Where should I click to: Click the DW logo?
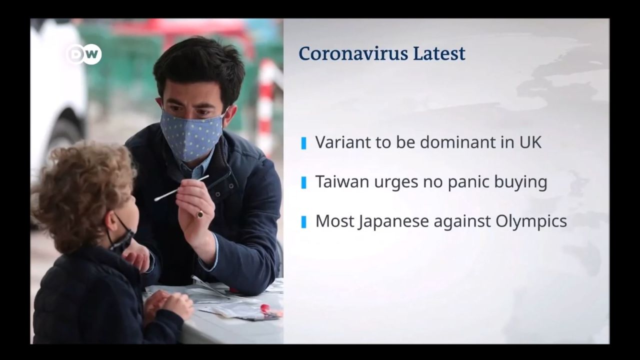tap(84, 54)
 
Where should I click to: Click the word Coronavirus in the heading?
tap(353, 53)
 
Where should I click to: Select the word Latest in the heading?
tap(439, 53)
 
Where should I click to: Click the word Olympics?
tap(531, 221)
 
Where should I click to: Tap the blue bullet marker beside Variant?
tap(303, 143)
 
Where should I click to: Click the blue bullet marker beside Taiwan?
tap(303, 183)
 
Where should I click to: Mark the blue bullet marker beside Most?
tap(303, 222)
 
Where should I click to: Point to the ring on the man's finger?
tap(200, 213)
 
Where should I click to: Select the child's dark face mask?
tap(121, 237)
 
